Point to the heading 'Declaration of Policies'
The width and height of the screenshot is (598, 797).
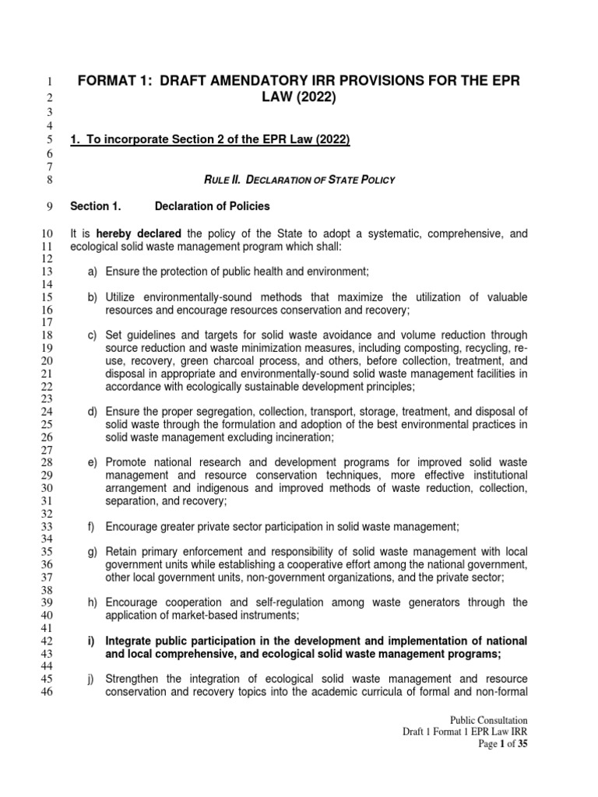[x=213, y=206]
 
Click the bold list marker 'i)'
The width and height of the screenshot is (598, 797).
[x=91, y=641]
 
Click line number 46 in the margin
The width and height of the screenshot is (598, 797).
[x=44, y=691]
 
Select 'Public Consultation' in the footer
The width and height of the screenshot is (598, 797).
[x=487, y=721]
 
